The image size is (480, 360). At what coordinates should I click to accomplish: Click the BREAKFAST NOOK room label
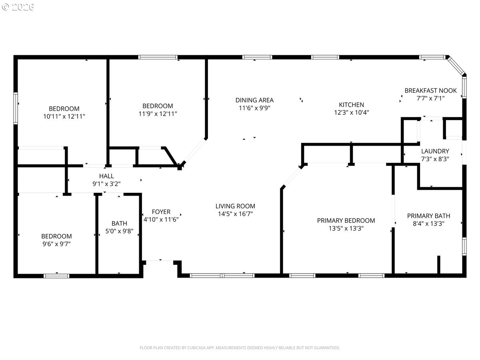click(430, 90)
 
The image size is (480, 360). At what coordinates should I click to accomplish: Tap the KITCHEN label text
click(352, 105)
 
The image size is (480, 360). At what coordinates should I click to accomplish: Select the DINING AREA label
click(254, 100)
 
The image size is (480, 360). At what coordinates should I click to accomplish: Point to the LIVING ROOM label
click(235, 206)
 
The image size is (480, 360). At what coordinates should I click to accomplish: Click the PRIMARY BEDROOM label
click(346, 220)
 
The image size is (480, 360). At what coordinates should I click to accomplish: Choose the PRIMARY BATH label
click(429, 216)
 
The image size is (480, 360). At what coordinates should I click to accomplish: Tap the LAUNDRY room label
click(435, 151)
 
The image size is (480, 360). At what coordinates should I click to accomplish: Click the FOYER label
click(161, 212)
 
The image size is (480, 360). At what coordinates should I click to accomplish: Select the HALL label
click(106, 176)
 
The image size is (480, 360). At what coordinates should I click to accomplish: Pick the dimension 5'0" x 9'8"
click(119, 231)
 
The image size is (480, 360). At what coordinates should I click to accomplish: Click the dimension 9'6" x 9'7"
click(56, 244)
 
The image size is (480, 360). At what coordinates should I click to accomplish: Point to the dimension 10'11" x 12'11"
click(64, 116)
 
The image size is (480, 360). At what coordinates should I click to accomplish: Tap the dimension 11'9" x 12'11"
click(158, 114)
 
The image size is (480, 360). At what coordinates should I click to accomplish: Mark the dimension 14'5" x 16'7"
click(235, 214)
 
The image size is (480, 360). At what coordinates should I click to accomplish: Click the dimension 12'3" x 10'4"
click(352, 112)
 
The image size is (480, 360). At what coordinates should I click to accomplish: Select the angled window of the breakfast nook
click(455, 65)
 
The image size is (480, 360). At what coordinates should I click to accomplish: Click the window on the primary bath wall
click(464, 246)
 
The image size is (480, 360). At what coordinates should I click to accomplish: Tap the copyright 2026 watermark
click(18, 7)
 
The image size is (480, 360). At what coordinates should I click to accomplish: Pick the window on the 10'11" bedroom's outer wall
click(16, 108)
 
